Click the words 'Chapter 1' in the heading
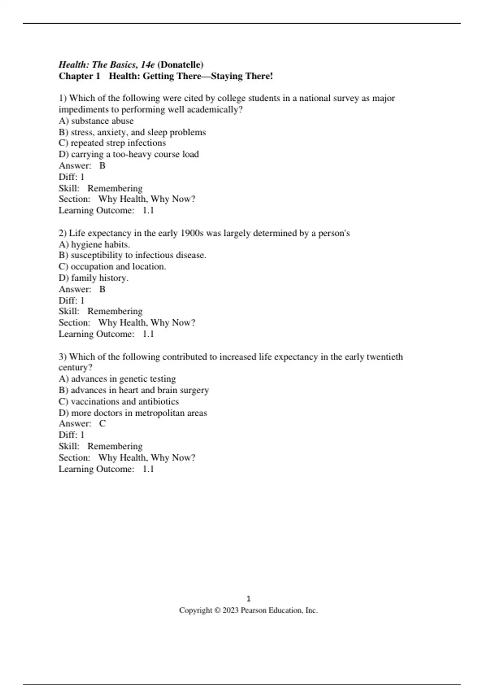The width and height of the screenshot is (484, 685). (79, 76)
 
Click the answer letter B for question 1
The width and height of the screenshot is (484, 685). (102, 166)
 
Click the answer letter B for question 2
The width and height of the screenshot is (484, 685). (102, 289)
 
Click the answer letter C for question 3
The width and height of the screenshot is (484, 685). (102, 423)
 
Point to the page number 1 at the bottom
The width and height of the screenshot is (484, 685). (248, 599)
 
